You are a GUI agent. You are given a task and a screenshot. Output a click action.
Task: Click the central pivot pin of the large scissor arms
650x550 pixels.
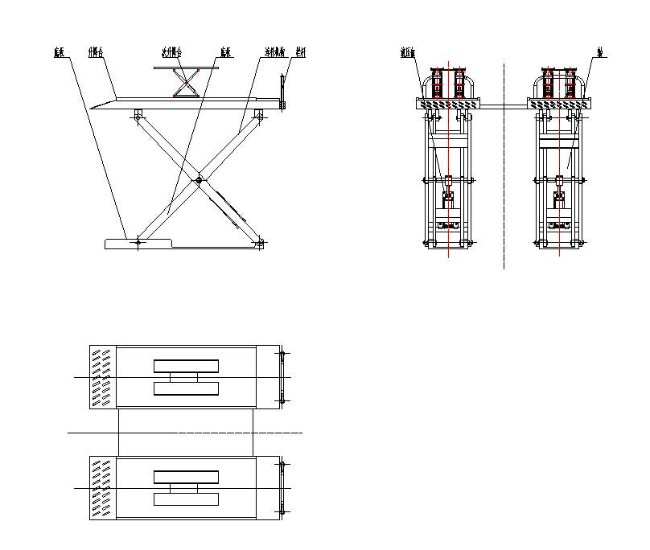(x=199, y=180)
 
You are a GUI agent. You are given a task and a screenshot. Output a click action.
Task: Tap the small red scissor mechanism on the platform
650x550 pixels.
(x=187, y=84)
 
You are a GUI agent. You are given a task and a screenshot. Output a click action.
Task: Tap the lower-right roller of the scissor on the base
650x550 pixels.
(x=260, y=242)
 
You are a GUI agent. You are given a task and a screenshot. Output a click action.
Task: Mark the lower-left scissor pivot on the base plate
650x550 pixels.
(x=138, y=240)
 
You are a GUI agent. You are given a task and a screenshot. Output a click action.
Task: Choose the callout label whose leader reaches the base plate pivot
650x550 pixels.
(x=59, y=53)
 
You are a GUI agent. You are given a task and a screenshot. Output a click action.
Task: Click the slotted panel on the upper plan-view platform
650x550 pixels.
(x=103, y=376)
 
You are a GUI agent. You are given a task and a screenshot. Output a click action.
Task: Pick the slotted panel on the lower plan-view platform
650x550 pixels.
(x=103, y=488)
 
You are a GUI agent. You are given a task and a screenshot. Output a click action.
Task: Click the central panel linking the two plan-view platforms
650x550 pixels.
(x=186, y=433)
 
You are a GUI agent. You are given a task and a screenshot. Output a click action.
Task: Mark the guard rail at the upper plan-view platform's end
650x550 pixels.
(x=282, y=376)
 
